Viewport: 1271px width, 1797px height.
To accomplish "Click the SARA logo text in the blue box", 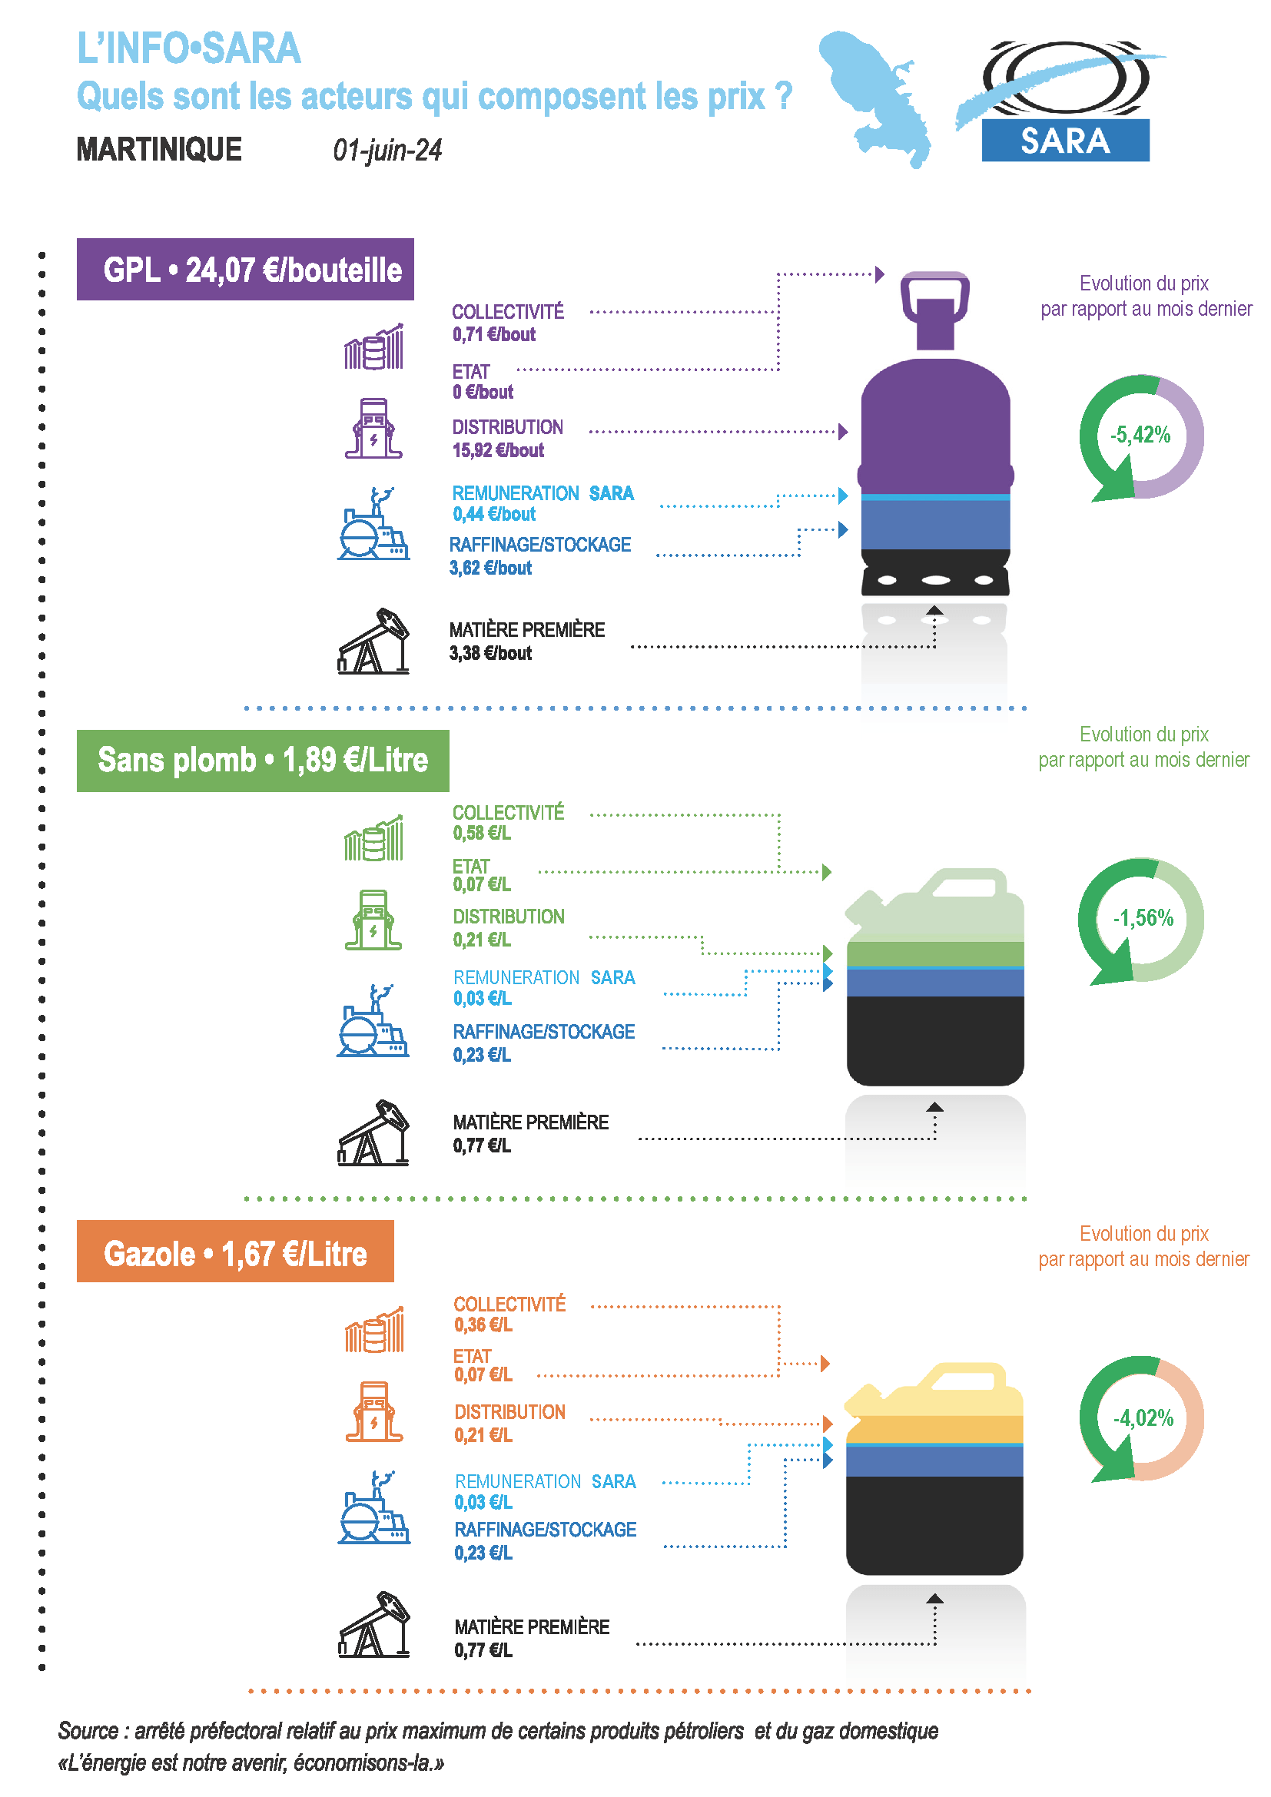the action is [x=1064, y=141].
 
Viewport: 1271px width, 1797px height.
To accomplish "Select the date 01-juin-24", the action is [x=387, y=151].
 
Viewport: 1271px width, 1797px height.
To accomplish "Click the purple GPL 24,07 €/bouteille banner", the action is [x=245, y=269].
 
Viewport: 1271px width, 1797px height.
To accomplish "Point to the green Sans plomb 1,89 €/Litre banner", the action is [x=263, y=760].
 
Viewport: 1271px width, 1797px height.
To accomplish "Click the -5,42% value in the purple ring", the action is [x=1140, y=435].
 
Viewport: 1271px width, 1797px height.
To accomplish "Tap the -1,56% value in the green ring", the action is [x=1143, y=918].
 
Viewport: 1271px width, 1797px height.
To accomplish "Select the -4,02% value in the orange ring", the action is [x=1143, y=1417].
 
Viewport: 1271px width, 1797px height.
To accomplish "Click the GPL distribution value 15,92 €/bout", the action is [x=498, y=451].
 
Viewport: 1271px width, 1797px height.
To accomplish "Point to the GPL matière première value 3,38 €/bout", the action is [x=490, y=654].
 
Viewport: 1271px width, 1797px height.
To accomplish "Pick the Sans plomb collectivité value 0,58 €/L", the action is [x=481, y=834].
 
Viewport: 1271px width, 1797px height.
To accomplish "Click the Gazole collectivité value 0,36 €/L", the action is [x=483, y=1325].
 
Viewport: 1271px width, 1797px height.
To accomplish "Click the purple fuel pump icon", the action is [x=373, y=428].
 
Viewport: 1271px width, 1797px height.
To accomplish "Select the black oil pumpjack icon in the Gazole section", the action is [x=373, y=1625].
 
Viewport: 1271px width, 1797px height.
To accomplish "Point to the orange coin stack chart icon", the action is [x=374, y=1330].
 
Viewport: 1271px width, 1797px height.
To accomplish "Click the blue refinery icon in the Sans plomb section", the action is [x=373, y=1020].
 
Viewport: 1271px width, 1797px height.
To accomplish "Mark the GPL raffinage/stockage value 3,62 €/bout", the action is [x=490, y=569].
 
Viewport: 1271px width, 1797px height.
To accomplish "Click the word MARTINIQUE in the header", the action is [x=159, y=150].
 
